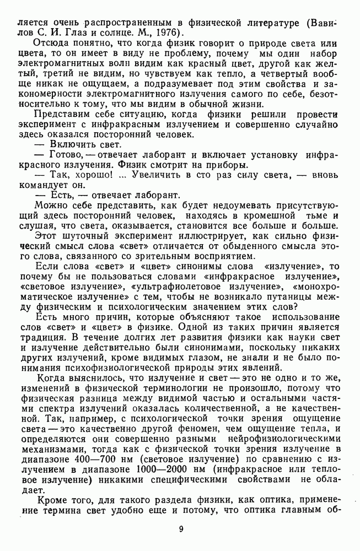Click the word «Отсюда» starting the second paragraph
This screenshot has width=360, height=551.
point(50,43)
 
